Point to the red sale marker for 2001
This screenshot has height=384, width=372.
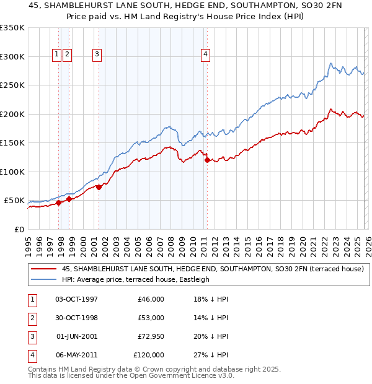pyautogui.click(x=99, y=187)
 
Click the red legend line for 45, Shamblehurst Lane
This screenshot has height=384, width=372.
pyautogui.click(x=43, y=268)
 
